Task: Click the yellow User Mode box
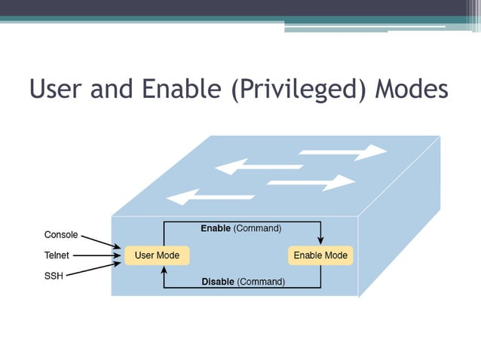click(157, 255)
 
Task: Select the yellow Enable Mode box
click(320, 255)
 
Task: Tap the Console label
click(61, 235)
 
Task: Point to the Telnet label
click(57, 255)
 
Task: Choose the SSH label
click(54, 276)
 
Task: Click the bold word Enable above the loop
click(216, 227)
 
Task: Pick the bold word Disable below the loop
click(218, 282)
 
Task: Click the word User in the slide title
click(59, 90)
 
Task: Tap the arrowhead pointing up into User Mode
click(164, 270)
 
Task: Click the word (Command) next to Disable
click(261, 282)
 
